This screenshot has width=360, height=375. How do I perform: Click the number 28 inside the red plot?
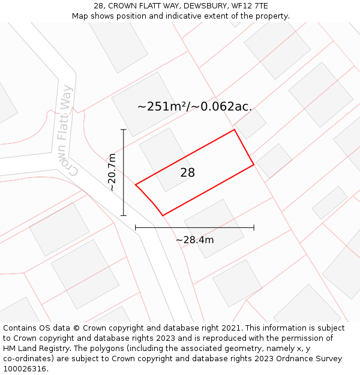[188, 173]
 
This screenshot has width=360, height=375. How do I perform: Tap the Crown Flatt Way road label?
[68, 130]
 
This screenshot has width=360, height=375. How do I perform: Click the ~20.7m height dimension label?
[112, 172]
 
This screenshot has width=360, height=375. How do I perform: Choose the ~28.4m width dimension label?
[194, 240]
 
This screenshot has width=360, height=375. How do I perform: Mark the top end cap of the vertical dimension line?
[124, 130]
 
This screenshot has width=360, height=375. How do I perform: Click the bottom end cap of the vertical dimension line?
[124, 215]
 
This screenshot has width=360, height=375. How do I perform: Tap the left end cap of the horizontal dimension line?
[136, 227]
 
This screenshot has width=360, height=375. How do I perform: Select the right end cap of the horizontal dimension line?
[254, 227]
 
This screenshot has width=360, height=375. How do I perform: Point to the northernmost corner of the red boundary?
[234, 130]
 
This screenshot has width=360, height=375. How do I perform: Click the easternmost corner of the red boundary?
[254, 164]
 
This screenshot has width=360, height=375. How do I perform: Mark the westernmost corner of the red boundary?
[136, 184]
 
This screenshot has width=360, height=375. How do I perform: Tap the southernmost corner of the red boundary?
[163, 215]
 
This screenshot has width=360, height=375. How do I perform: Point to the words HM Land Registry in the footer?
[32, 349]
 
